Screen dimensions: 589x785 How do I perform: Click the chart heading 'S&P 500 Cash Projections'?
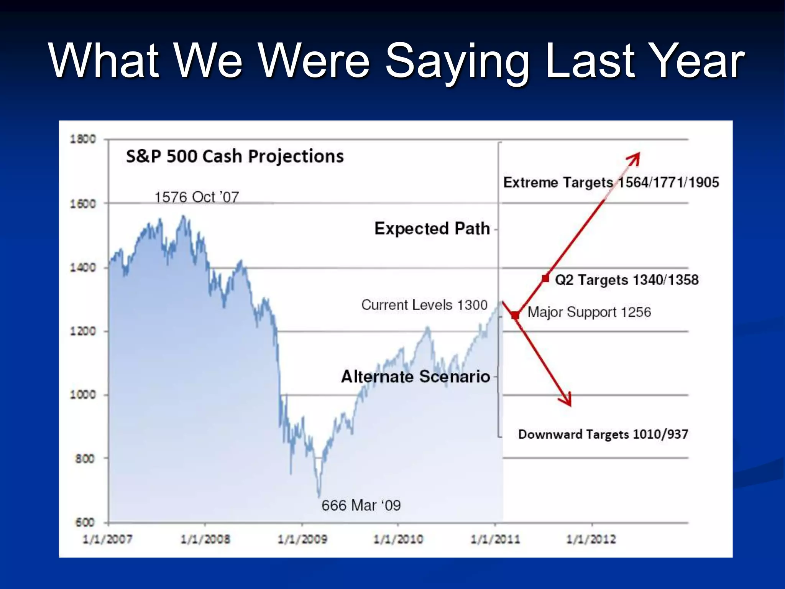tap(235, 156)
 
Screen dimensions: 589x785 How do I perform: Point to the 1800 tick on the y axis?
tap(83, 139)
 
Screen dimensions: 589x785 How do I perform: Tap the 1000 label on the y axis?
tap(83, 394)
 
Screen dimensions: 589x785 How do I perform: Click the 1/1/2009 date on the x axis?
tap(302, 539)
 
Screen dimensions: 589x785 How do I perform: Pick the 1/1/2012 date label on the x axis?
tap(591, 539)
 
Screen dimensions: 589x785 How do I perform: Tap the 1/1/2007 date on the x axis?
tap(108, 539)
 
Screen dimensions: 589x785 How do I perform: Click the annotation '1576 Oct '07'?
tap(197, 197)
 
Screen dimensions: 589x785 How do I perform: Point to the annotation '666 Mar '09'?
tap(361, 505)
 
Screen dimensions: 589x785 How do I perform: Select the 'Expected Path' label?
tap(432, 229)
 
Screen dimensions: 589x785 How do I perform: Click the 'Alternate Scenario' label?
tap(415, 377)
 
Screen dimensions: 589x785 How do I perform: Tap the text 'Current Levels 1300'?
tap(424, 305)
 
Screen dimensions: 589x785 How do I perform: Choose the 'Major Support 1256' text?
tap(589, 312)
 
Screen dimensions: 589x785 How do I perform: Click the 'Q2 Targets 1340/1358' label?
tap(627, 280)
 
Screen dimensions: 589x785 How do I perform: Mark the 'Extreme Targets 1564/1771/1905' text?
tap(611, 183)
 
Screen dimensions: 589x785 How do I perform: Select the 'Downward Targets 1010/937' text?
tap(603, 434)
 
